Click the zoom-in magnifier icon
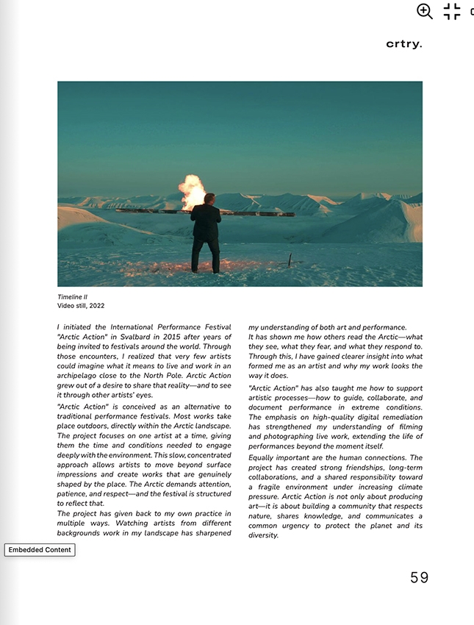pyautogui.click(x=425, y=11)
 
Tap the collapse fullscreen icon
pyautogui.click(x=452, y=11)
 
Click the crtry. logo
pyautogui.click(x=404, y=44)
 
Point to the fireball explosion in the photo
pyautogui.click(x=193, y=190)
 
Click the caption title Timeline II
pyautogui.click(x=72, y=297)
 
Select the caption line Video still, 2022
pyautogui.click(x=81, y=306)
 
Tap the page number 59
pyautogui.click(x=419, y=578)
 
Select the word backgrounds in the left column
pyautogui.click(x=82, y=532)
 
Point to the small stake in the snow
pyautogui.click(x=290, y=259)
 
